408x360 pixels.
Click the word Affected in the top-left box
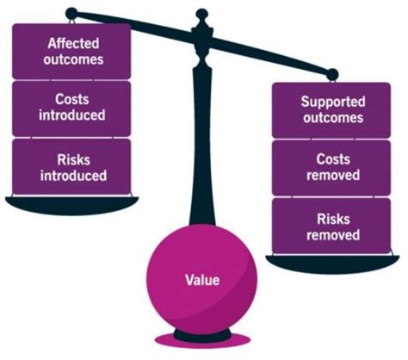point(73,44)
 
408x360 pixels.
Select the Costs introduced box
point(71,109)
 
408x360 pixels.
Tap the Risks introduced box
point(71,167)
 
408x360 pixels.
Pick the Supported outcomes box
point(331,110)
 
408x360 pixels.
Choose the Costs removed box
point(331,168)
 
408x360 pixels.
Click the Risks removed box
point(331,226)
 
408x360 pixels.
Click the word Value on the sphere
point(202,280)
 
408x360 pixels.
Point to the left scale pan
point(71,205)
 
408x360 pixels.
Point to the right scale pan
point(332,264)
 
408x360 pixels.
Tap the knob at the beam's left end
point(71,14)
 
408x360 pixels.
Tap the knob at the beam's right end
point(332,75)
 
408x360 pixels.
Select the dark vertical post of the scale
point(202,144)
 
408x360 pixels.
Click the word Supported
point(333,102)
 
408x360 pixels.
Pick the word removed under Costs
point(333,175)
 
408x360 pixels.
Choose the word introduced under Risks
point(73,176)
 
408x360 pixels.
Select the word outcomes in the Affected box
point(73,59)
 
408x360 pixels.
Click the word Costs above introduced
point(72,99)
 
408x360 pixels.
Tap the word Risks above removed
point(333,219)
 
